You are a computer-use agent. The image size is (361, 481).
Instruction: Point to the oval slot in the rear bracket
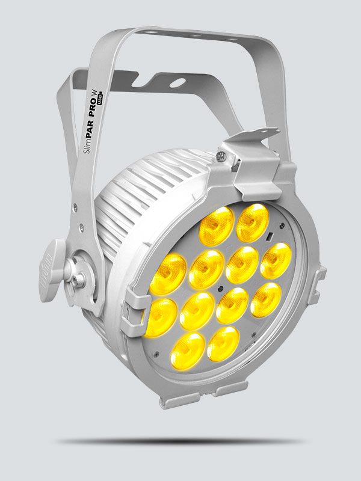pos(180,80)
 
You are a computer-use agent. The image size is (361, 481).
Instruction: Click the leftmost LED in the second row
pos(169,271)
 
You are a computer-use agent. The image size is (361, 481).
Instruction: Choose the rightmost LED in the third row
pos(265,298)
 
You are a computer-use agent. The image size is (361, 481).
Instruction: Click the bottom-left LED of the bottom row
pos(188,347)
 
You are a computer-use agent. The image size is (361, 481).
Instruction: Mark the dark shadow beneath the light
pos(180,441)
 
